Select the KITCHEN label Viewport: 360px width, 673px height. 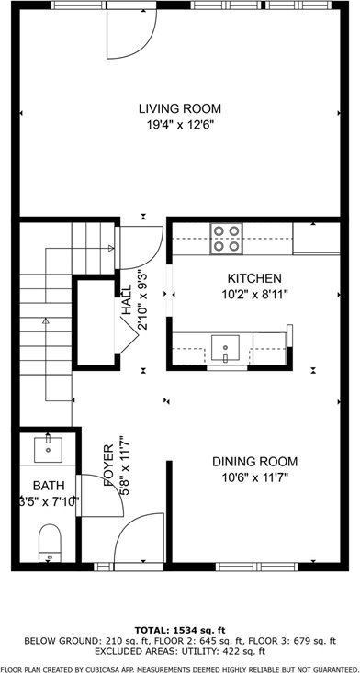tap(254, 277)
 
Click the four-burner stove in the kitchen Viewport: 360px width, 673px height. tap(226, 238)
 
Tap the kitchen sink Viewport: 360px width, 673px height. tap(225, 346)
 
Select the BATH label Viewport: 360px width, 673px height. tap(48, 485)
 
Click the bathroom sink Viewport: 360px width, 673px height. tap(47, 449)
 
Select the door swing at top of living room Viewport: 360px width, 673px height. tap(128, 32)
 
